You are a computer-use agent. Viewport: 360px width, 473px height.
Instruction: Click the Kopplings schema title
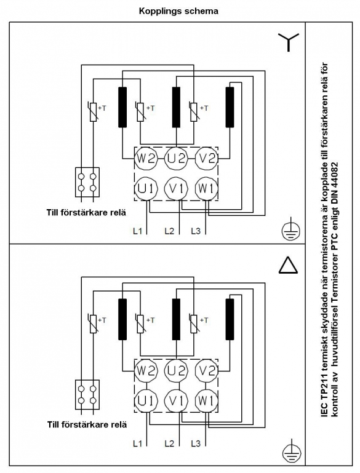click(178, 12)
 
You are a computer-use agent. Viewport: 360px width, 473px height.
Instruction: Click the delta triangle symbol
click(288, 266)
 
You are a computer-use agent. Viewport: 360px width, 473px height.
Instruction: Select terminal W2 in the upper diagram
click(146, 158)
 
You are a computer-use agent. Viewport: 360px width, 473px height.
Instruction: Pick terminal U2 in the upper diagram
click(176, 158)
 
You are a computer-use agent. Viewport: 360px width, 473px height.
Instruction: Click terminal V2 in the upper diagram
click(207, 158)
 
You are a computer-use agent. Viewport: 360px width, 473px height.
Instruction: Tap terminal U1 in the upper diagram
click(146, 189)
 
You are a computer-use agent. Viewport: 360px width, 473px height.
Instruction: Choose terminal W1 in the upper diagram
click(207, 189)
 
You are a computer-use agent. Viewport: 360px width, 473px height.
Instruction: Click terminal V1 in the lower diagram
click(176, 401)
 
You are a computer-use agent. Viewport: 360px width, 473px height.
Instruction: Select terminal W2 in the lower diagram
click(146, 370)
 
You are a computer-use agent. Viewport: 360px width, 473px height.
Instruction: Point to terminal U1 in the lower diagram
click(146, 401)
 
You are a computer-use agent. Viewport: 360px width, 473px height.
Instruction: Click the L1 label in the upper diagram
click(138, 231)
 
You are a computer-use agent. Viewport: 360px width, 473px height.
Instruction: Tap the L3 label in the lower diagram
click(196, 443)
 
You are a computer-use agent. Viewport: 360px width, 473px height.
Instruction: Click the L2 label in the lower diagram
click(169, 443)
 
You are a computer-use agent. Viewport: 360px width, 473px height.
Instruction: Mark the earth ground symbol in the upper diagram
click(291, 231)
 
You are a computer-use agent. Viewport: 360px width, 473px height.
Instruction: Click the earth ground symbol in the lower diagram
click(292, 453)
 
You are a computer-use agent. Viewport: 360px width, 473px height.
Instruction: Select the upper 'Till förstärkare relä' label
click(86, 212)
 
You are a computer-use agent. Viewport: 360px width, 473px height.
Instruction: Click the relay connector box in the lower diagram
click(87, 394)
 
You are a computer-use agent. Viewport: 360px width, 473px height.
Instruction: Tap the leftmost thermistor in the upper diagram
click(94, 112)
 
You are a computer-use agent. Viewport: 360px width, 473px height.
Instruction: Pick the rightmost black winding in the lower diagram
click(230, 319)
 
